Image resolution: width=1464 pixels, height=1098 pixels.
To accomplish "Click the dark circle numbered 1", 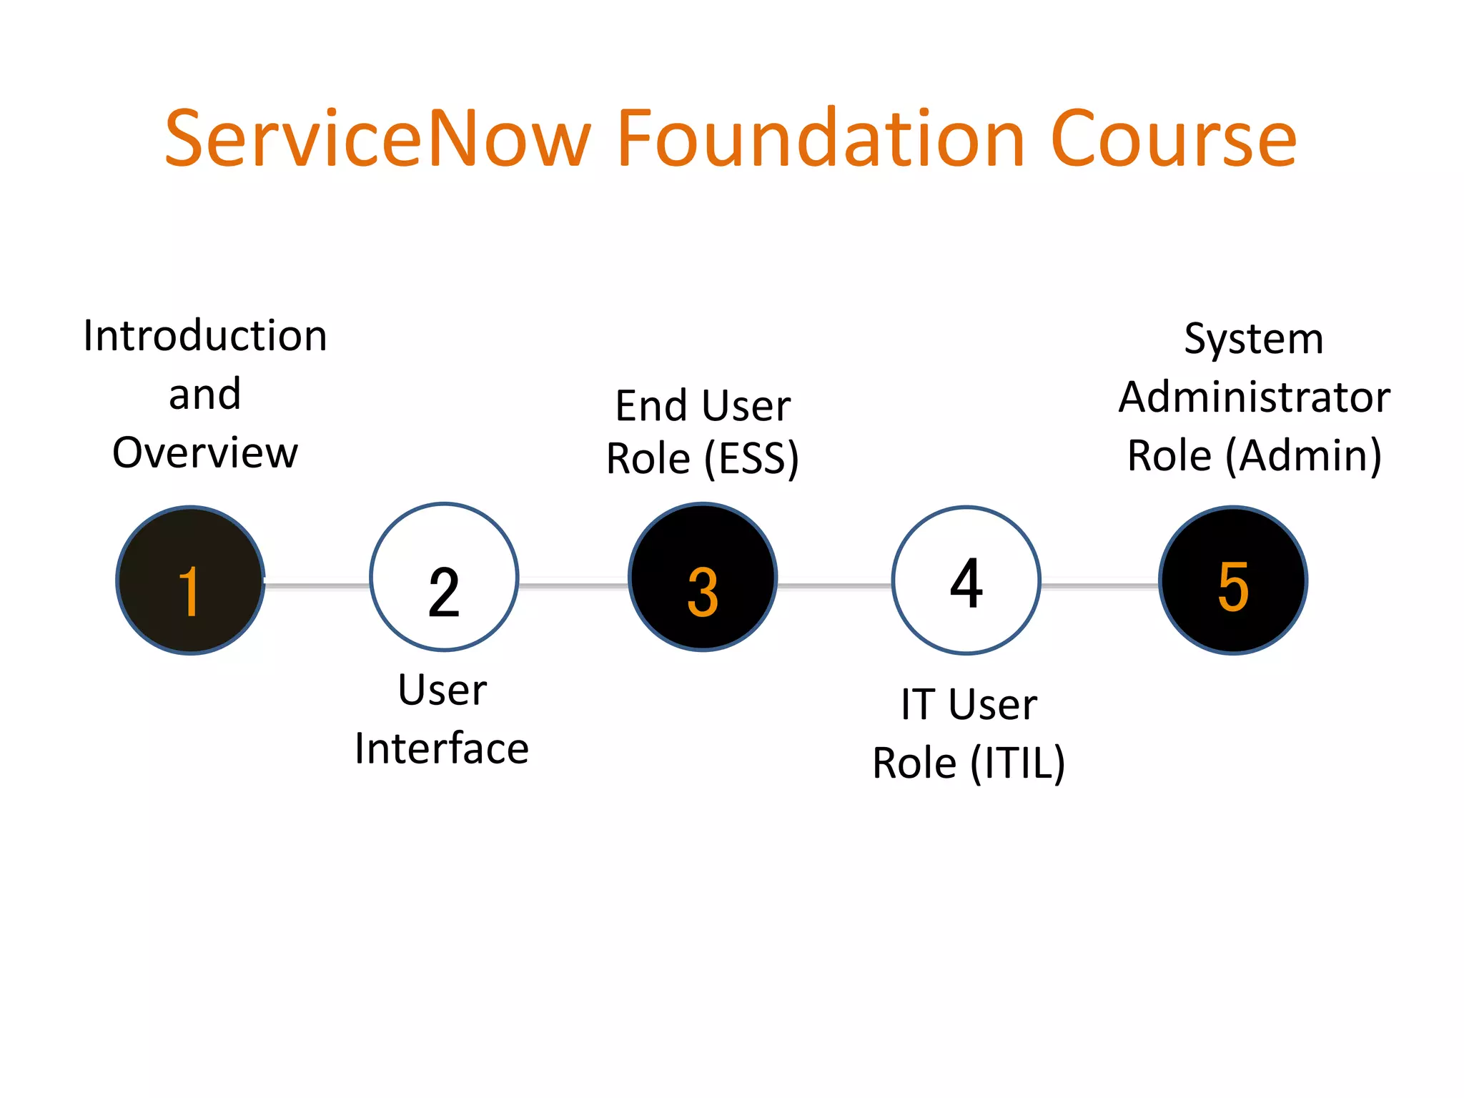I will [191, 580].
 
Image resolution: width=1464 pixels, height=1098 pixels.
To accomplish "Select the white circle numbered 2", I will [444, 578].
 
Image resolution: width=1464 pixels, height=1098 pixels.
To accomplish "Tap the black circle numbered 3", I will [703, 578].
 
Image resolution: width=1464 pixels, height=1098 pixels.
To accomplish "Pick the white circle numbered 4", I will [966, 580].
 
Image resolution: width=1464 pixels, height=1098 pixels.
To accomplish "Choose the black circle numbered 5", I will [1233, 580].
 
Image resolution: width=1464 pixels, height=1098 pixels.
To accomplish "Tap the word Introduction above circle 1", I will [205, 335].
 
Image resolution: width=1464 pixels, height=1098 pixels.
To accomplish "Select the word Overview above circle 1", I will [205, 452].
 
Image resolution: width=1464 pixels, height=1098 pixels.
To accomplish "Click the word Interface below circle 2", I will [442, 748].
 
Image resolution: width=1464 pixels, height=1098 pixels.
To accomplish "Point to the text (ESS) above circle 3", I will [751, 458].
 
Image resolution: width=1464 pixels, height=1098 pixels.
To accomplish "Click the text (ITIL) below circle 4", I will [1018, 763].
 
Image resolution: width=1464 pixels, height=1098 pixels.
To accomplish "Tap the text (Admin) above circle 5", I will [1304, 455].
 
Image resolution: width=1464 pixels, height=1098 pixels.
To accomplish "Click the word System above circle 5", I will [1254, 338].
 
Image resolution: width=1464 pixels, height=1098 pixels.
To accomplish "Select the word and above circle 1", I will [205, 394].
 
